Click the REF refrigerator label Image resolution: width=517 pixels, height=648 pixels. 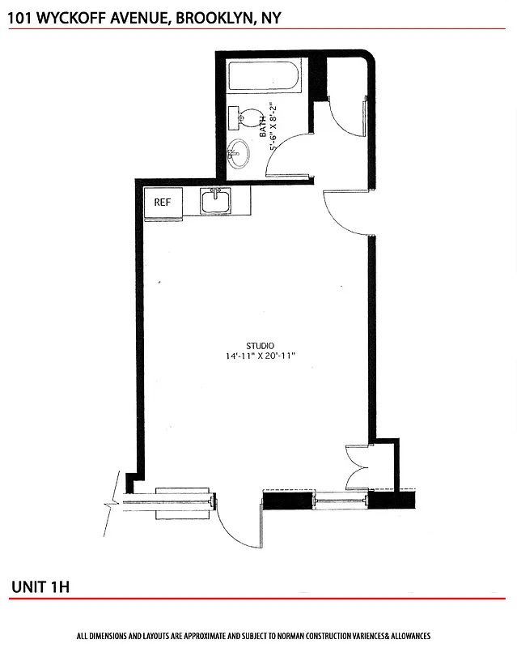[163, 202]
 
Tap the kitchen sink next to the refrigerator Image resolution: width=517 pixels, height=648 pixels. [216, 201]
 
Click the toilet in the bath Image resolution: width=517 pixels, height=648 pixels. [246, 118]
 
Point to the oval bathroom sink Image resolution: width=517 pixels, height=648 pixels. [239, 151]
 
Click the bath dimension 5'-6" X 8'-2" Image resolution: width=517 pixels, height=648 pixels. [273, 126]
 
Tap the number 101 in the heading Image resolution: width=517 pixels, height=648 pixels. [21, 15]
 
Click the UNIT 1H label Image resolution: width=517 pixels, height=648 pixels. [40, 586]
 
